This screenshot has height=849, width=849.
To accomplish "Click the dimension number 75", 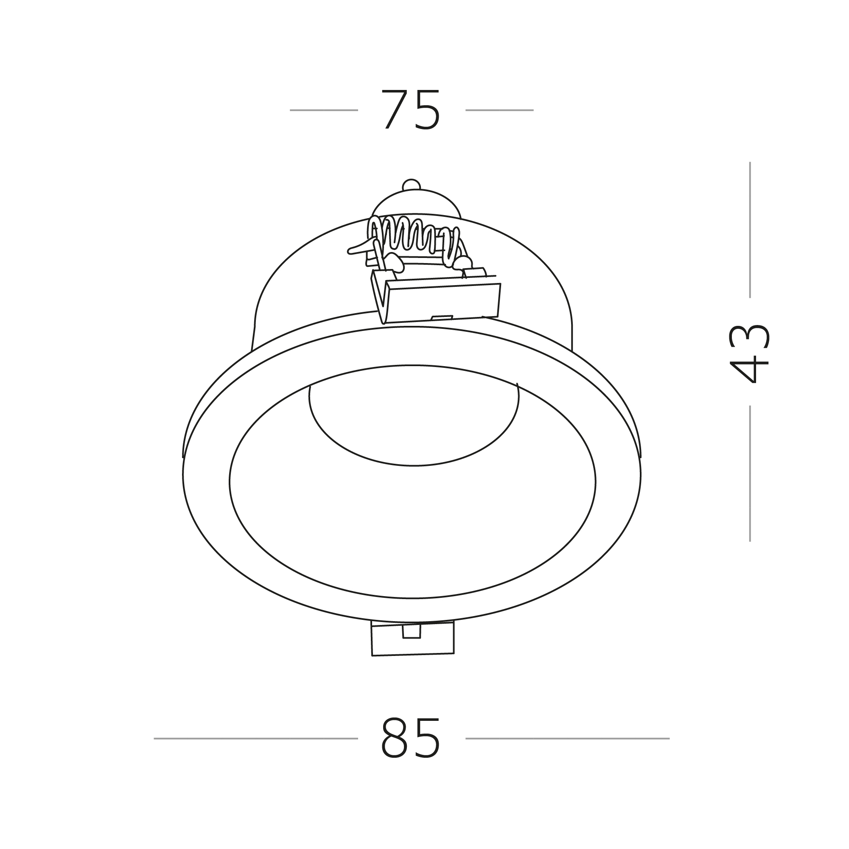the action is [410, 110].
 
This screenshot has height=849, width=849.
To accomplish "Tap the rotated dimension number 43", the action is [749, 353].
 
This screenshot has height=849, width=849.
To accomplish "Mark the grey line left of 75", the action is [324, 110].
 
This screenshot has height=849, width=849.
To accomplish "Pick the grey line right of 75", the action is [500, 110].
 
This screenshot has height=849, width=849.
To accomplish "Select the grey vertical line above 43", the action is [750, 230].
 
